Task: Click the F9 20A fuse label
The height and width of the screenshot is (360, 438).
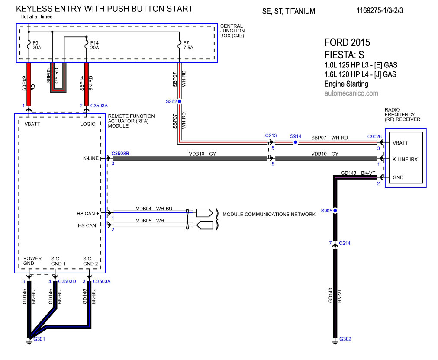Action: click(x=36, y=45)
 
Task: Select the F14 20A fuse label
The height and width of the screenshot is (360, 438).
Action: click(x=94, y=45)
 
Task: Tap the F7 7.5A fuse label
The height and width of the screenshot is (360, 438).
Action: click(x=188, y=45)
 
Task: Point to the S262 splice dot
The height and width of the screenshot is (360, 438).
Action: click(x=180, y=101)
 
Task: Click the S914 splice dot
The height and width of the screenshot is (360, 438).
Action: click(x=296, y=142)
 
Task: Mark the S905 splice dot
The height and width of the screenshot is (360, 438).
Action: click(x=335, y=211)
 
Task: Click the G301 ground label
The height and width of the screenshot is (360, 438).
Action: click(x=39, y=339)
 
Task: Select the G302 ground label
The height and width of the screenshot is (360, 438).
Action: click(x=345, y=339)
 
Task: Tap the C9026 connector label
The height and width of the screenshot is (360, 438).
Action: click(x=374, y=137)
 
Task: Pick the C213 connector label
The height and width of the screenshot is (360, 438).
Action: click(x=271, y=135)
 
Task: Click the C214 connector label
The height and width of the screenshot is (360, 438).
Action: click(x=345, y=243)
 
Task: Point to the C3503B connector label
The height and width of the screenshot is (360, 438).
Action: click(x=120, y=153)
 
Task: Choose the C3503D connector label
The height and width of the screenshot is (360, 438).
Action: click(x=67, y=281)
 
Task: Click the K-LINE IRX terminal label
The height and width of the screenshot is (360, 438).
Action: click(x=405, y=160)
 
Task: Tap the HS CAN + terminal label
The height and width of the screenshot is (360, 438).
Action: click(x=89, y=213)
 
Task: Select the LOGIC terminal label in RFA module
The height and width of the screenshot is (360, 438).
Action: click(x=88, y=124)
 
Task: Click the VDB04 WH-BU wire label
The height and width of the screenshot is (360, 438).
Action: click(x=154, y=209)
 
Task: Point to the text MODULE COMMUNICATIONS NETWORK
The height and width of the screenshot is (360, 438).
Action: click(x=269, y=215)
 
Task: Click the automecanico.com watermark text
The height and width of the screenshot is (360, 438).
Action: click(x=351, y=93)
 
